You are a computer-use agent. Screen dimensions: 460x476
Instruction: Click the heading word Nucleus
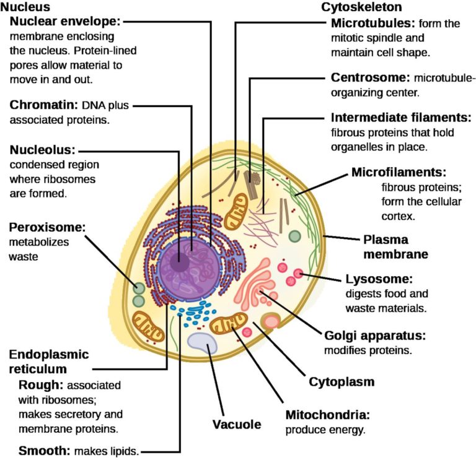click(26, 7)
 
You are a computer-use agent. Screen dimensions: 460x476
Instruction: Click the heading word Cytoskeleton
click(361, 7)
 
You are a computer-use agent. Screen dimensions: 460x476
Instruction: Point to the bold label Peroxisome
click(46, 227)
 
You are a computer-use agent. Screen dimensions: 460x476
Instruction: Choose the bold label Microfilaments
click(399, 171)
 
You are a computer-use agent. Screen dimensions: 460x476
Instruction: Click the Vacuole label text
click(237, 425)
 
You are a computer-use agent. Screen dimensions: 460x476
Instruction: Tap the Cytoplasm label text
click(342, 382)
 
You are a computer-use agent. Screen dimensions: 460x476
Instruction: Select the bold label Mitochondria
click(327, 414)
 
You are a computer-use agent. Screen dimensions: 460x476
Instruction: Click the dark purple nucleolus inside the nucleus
click(180, 263)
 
